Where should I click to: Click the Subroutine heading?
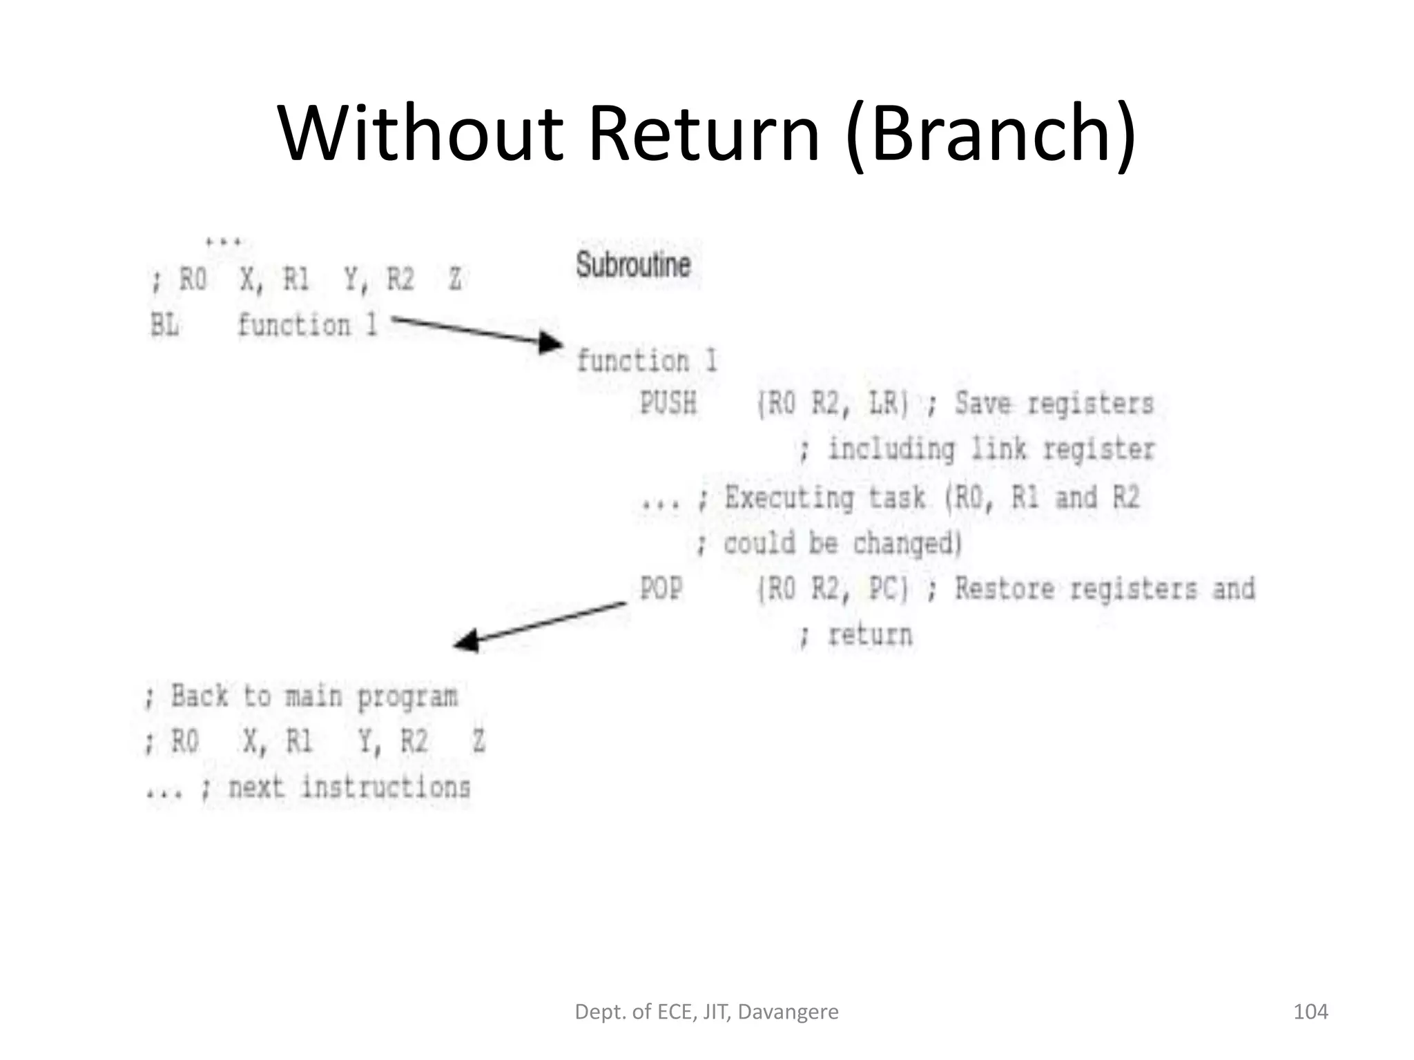click(633, 265)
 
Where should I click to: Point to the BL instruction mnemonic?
click(164, 325)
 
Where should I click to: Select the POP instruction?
click(661, 589)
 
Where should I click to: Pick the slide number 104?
click(1310, 1012)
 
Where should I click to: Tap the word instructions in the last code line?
click(386, 787)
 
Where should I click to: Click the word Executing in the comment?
click(789, 498)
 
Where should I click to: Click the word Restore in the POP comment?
click(1005, 589)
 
